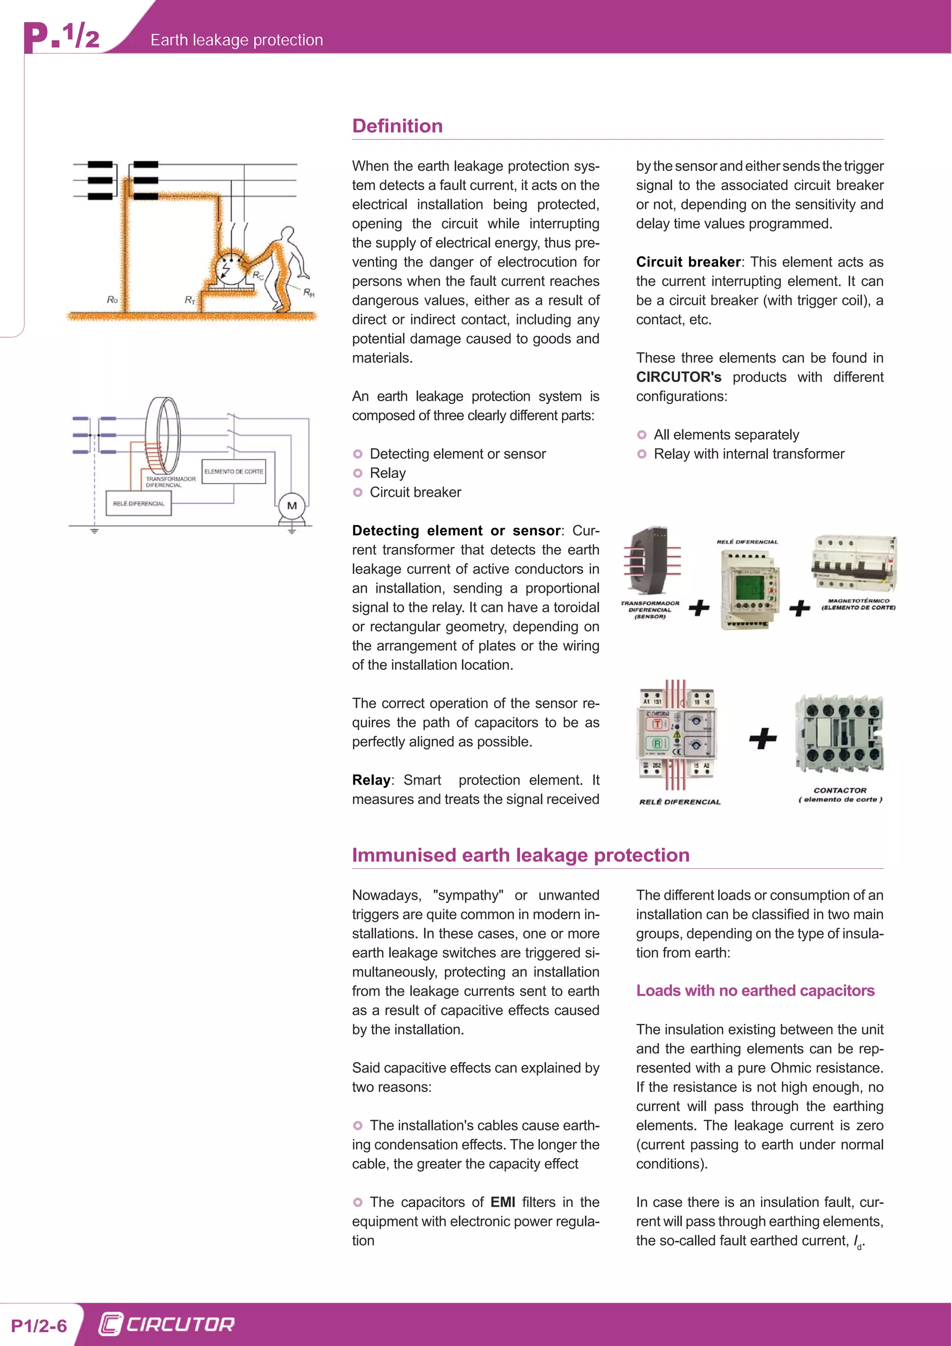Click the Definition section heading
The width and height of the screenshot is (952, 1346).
click(397, 126)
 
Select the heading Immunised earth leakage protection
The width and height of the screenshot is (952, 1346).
click(520, 855)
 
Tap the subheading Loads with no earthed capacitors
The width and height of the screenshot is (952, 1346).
click(755, 991)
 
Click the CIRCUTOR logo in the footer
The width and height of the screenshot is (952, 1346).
click(166, 1324)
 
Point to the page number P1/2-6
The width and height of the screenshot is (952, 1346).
click(39, 1326)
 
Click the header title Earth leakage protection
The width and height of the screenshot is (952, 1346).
click(236, 40)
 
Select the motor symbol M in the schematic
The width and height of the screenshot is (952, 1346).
click(292, 506)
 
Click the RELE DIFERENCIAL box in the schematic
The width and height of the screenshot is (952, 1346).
click(139, 503)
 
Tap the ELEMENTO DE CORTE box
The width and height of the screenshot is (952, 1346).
click(233, 471)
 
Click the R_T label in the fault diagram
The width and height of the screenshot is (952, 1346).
click(189, 300)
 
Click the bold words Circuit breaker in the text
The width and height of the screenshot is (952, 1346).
click(688, 262)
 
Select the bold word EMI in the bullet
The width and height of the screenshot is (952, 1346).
click(502, 1202)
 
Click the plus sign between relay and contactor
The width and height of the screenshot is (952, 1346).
click(763, 738)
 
